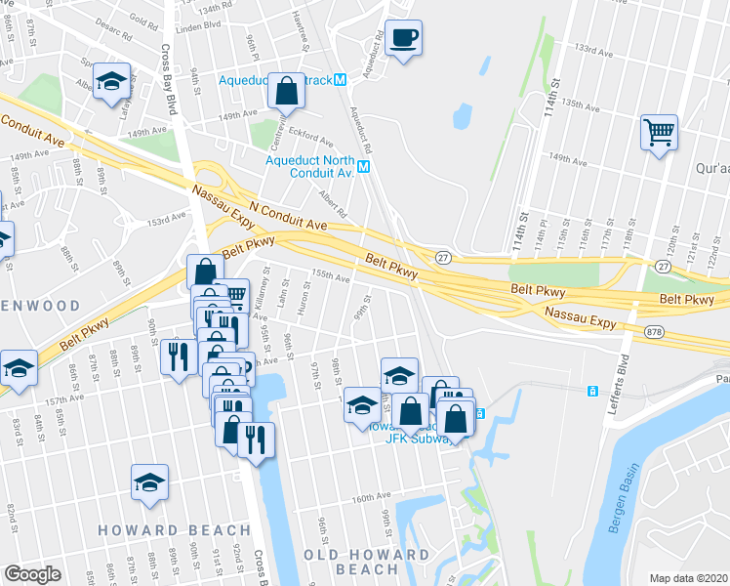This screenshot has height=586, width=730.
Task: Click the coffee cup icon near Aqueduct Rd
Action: [403, 39]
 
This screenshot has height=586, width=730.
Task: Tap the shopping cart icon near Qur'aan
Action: [660, 131]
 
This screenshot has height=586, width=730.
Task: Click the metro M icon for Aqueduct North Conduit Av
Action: [364, 167]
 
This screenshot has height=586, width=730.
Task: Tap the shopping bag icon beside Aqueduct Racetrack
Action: [287, 92]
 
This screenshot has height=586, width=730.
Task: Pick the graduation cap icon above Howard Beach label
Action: [149, 482]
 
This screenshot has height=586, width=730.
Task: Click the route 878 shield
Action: [652, 333]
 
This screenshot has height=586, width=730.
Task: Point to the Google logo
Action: [32, 573]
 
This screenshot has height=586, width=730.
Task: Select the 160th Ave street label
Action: [371, 497]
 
